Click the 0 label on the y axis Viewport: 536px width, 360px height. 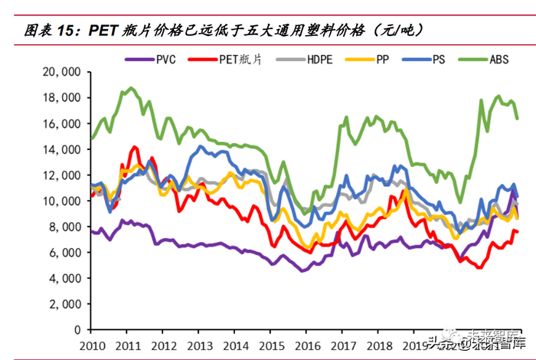77,329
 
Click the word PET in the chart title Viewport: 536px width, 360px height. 103,31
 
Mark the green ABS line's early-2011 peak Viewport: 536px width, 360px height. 129,88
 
